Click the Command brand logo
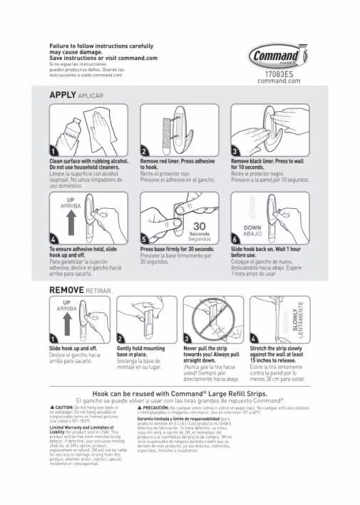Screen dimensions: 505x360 pos(279,56)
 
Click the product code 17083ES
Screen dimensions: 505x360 pos(279,73)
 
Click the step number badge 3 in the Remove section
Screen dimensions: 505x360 pos(187,337)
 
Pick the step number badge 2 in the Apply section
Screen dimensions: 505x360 pos(145,152)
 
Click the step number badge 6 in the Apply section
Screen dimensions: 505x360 pos(236,238)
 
